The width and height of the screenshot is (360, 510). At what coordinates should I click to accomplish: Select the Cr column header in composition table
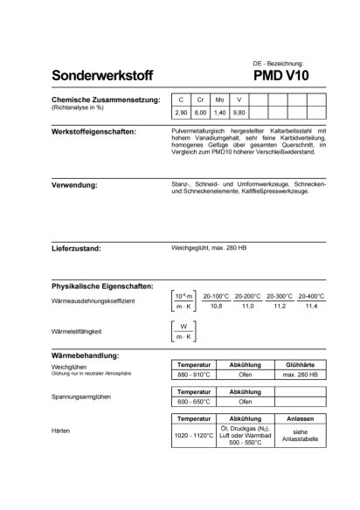point(200,100)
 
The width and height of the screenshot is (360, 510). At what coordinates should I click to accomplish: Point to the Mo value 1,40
point(220,114)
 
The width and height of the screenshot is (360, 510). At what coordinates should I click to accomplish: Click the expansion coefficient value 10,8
point(215,307)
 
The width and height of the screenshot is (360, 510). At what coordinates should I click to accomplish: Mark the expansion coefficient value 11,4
point(310,307)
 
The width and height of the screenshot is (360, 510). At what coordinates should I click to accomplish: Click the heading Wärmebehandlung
point(86,355)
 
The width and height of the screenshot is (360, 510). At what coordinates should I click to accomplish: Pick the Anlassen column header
point(300,419)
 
